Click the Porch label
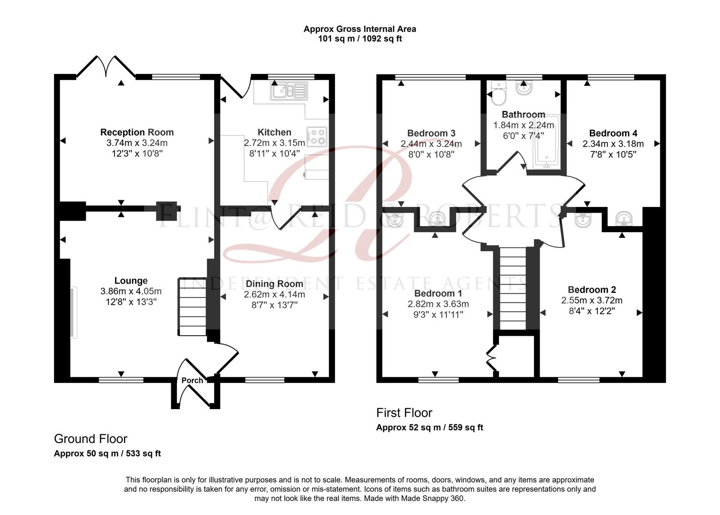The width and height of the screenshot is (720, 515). pyautogui.click(x=192, y=380)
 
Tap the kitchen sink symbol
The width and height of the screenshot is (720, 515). pyautogui.click(x=289, y=91)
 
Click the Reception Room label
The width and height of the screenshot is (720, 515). pyautogui.click(x=137, y=132)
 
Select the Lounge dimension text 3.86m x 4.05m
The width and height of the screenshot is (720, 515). pyautogui.click(x=131, y=291)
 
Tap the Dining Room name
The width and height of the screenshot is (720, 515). pyautogui.click(x=274, y=284)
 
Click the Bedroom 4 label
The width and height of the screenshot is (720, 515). pyautogui.click(x=613, y=133)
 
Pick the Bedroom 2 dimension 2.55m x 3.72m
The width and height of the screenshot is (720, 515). pyautogui.click(x=592, y=300)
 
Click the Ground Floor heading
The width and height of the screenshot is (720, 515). pyautogui.click(x=91, y=439)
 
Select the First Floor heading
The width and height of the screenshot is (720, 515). pyautogui.click(x=404, y=412)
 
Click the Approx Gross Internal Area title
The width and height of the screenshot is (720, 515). pyautogui.click(x=360, y=29)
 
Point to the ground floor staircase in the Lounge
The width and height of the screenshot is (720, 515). pyautogui.click(x=192, y=308)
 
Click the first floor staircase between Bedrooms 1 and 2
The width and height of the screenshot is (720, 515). pyautogui.click(x=512, y=288)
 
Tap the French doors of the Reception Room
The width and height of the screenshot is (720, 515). pyautogui.click(x=106, y=67)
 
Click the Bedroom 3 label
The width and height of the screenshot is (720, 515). pyautogui.click(x=431, y=133)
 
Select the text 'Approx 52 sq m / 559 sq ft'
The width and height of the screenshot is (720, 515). pyautogui.click(x=429, y=428)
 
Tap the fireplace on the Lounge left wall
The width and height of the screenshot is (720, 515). pyautogui.click(x=73, y=312)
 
